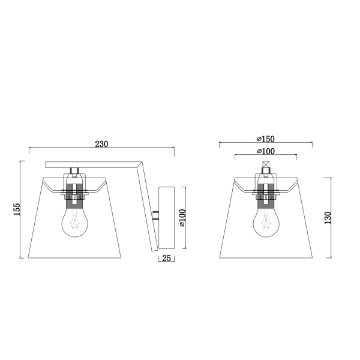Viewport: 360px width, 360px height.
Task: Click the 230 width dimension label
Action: (x=101, y=144)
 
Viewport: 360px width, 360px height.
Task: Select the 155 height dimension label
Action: (x=17, y=209)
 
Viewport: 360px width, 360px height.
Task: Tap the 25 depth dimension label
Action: (x=167, y=258)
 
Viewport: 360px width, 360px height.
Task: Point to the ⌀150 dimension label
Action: (x=266, y=139)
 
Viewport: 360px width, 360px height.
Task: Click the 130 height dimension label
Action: (x=328, y=218)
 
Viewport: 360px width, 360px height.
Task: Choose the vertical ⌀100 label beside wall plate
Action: (x=182, y=218)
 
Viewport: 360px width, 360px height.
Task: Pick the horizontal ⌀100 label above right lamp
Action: (x=266, y=151)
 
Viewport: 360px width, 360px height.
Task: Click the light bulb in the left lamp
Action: (x=75, y=222)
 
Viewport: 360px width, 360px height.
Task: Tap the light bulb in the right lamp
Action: (x=266, y=222)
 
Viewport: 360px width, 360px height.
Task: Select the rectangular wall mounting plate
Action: (x=166, y=218)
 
